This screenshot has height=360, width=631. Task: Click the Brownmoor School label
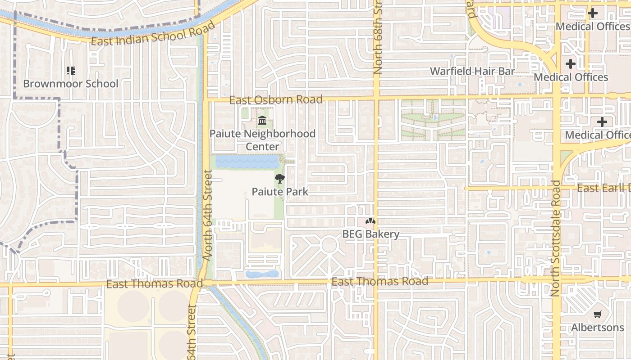71,84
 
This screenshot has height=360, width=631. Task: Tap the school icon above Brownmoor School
70,70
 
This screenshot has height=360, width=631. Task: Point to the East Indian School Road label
154,34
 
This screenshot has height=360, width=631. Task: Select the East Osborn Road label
276,99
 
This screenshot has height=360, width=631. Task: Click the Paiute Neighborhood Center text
262,140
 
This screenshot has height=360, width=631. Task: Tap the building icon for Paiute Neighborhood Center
262,121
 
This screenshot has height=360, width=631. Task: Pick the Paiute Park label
280,192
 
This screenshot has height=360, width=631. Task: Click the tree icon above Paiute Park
280,179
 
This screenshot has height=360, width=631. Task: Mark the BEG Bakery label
370,234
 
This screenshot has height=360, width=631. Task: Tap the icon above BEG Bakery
370,221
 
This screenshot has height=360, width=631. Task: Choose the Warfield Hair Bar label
472,71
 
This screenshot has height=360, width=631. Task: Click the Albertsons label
598,327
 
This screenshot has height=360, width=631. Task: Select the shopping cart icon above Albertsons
598,314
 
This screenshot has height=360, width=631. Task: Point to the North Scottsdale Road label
555,238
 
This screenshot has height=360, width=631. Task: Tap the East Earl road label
603,188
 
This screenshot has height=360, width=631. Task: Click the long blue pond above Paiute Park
247,162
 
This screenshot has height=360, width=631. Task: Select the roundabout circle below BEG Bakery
329,245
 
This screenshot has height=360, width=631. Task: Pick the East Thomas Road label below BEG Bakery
380,282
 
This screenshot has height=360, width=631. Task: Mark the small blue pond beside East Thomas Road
262,274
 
